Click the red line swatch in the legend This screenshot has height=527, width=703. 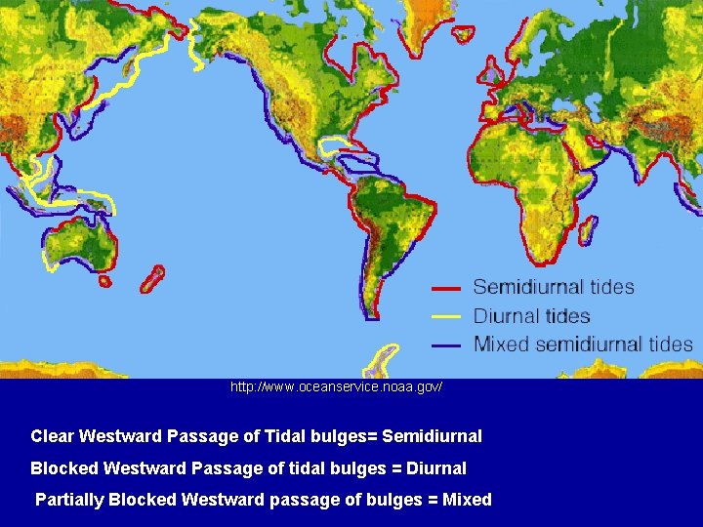pyautogui.click(x=446, y=288)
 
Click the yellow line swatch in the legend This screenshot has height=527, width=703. pyautogui.click(x=446, y=316)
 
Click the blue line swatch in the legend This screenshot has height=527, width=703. pyautogui.click(x=446, y=345)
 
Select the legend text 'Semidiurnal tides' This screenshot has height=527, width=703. pyautogui.click(x=554, y=287)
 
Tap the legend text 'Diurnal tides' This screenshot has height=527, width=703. pyautogui.click(x=531, y=316)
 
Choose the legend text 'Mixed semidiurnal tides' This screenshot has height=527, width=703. pyautogui.click(x=583, y=345)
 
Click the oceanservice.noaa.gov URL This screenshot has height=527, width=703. pyautogui.click(x=336, y=387)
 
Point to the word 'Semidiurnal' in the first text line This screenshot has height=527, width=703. pyautogui.click(x=435, y=435)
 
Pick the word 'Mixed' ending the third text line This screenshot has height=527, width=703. pyautogui.click(x=467, y=500)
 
